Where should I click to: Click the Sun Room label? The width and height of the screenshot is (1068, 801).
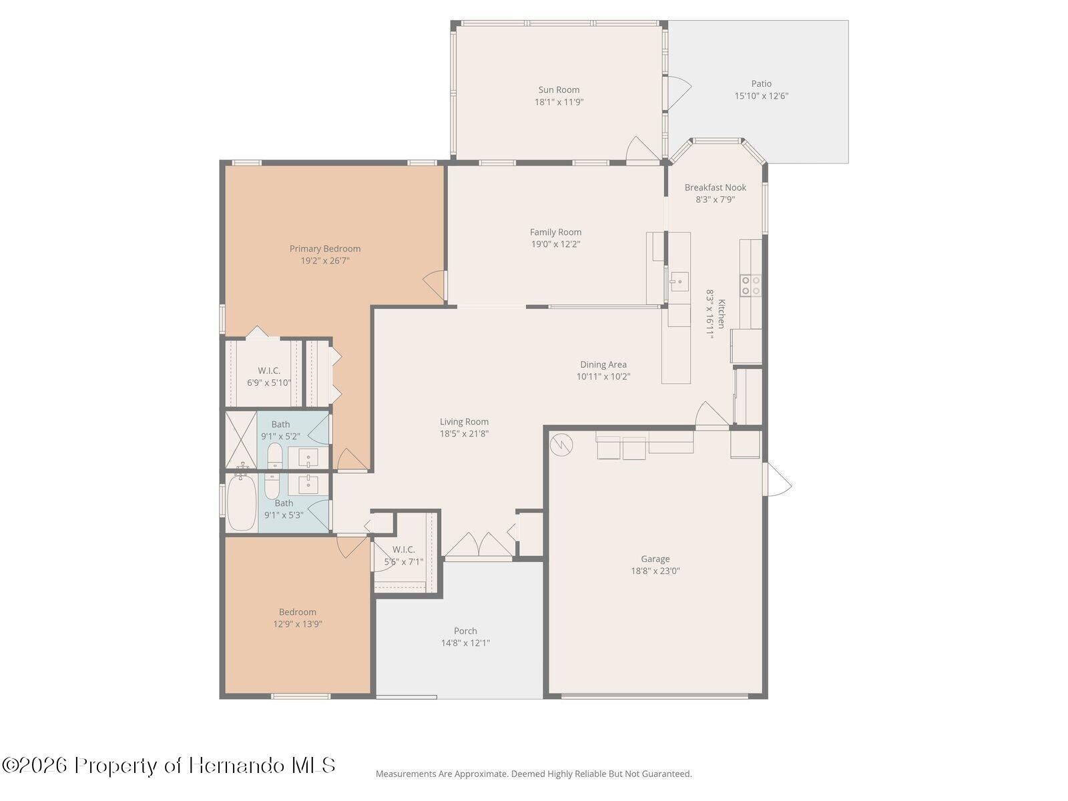[x=559, y=90]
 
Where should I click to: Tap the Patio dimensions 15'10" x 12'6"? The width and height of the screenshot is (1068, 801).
[x=761, y=96]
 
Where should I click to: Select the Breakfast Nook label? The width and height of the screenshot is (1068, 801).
[x=715, y=188]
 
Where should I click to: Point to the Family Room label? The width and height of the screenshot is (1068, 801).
[x=555, y=232]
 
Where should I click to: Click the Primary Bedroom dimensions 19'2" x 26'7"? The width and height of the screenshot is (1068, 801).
[x=325, y=261]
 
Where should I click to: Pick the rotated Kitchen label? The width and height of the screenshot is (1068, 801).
[x=721, y=314]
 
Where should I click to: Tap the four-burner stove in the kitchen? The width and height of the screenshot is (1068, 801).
[x=750, y=286]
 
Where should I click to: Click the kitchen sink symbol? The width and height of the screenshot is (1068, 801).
[x=679, y=281]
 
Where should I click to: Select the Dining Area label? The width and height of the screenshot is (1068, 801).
[x=603, y=364]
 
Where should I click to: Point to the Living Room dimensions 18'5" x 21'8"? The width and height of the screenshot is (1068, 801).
[x=464, y=434]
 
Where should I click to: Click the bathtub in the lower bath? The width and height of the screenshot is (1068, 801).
[x=242, y=503]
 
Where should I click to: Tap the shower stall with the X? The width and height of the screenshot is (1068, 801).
[x=241, y=440]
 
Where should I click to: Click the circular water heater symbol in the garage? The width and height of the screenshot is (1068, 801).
[x=561, y=444]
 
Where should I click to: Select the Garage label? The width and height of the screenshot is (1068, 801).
[x=655, y=559]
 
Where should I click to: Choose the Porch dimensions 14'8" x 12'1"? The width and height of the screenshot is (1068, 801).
[x=465, y=643]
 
